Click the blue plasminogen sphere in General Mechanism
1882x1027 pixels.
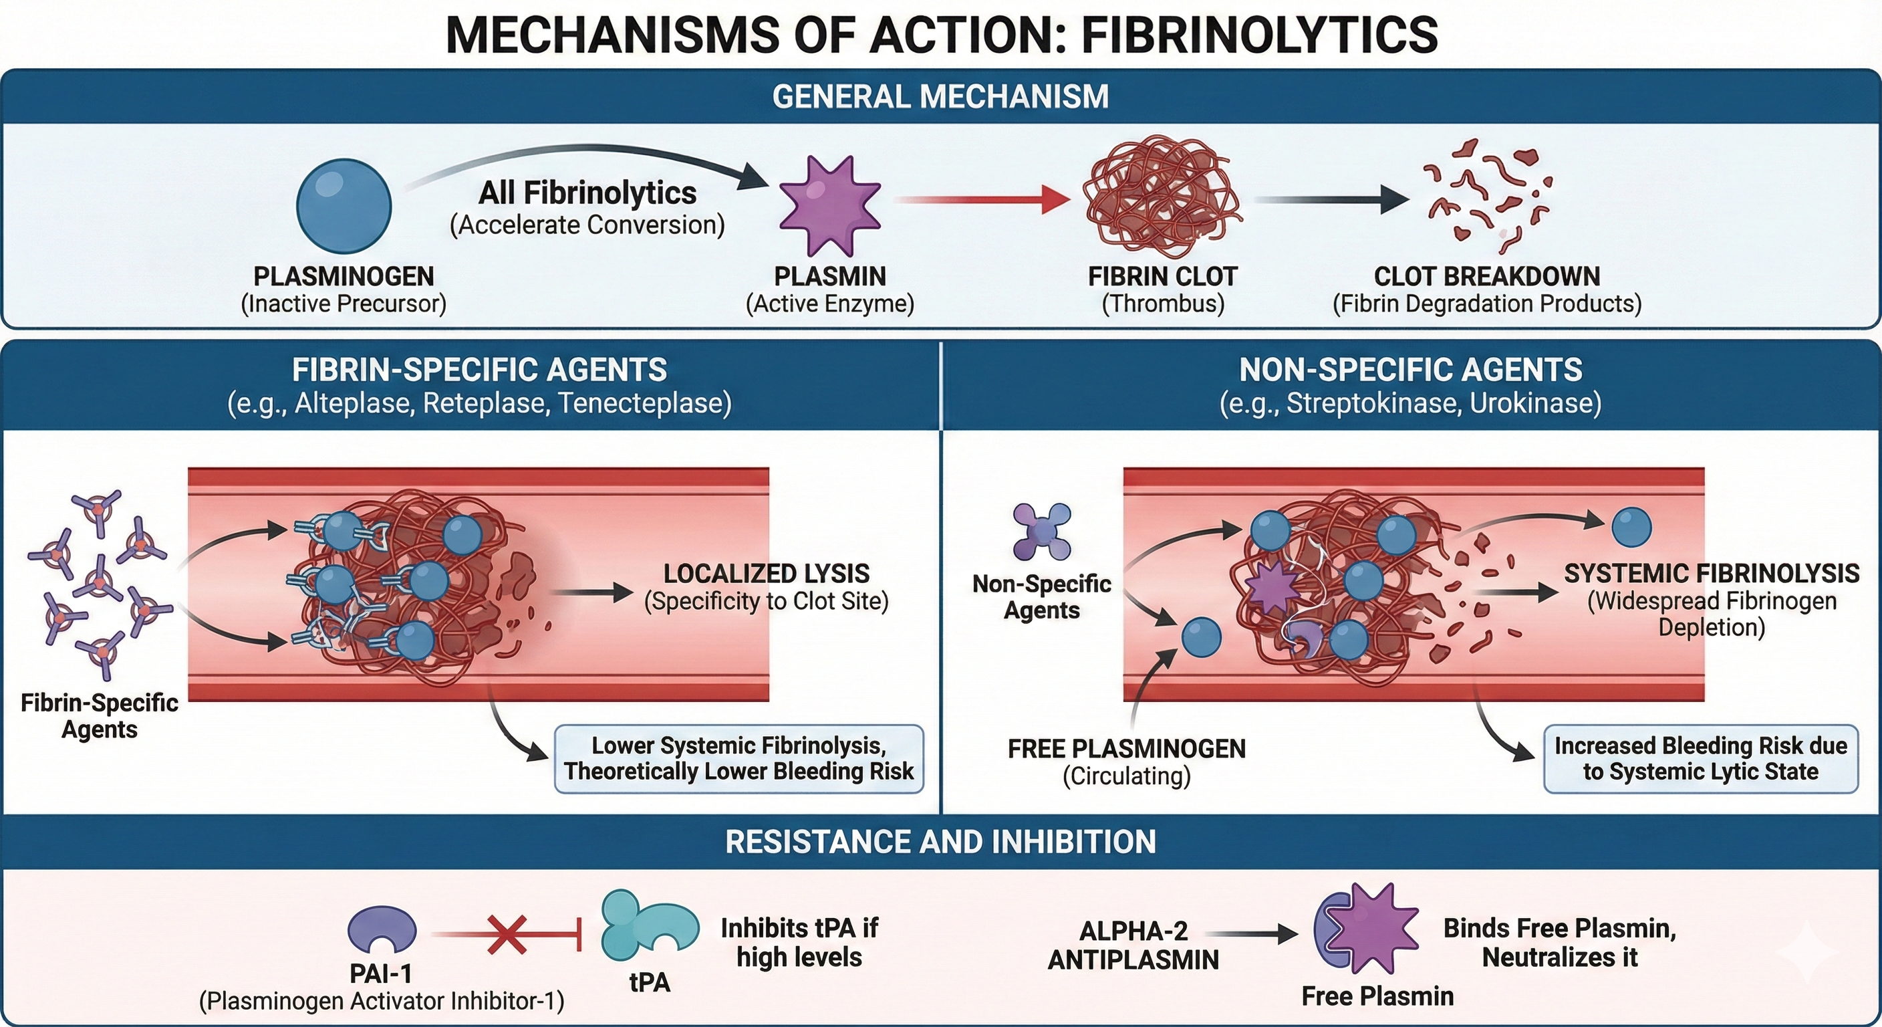pyautogui.click(x=344, y=206)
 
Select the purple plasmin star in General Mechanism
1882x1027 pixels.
pyautogui.click(x=829, y=205)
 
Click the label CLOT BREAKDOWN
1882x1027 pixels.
pyautogui.click(x=1487, y=276)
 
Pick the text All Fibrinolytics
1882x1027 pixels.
pyautogui.click(x=587, y=193)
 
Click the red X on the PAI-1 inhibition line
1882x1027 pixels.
pyautogui.click(x=507, y=935)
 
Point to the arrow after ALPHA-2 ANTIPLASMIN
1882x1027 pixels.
pyautogui.click(x=1251, y=933)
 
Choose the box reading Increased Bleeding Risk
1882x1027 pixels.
pyautogui.click(x=1700, y=759)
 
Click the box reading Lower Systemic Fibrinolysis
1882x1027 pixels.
pyautogui.click(x=738, y=759)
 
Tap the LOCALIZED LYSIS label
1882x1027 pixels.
pyautogui.click(x=767, y=574)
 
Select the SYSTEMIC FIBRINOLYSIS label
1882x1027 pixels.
pyautogui.click(x=1711, y=574)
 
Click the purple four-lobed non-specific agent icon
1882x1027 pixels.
pyautogui.click(x=1042, y=532)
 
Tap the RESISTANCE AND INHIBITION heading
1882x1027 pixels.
pyautogui.click(x=940, y=842)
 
